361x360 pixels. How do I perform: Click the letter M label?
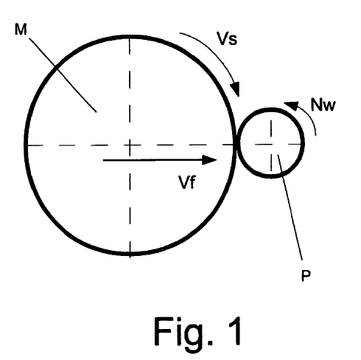21,30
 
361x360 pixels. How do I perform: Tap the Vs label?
227,38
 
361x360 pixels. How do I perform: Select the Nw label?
323,105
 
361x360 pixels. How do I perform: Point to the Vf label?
187,182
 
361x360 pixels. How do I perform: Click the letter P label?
306,275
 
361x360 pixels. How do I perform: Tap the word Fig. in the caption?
183,331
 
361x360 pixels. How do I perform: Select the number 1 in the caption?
235,330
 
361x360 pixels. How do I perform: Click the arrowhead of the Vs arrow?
235,89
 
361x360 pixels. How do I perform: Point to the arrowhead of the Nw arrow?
291,105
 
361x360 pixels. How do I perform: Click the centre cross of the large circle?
130,145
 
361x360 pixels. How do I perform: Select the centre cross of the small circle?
271,144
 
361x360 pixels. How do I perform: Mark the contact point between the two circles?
236,145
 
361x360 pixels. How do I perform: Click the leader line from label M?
63,75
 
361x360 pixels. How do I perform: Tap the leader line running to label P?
290,207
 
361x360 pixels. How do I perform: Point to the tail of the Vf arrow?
104,160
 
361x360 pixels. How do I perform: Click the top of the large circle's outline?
130,37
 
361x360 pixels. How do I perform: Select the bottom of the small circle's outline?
271,176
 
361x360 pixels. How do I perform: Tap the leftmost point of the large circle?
26,145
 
